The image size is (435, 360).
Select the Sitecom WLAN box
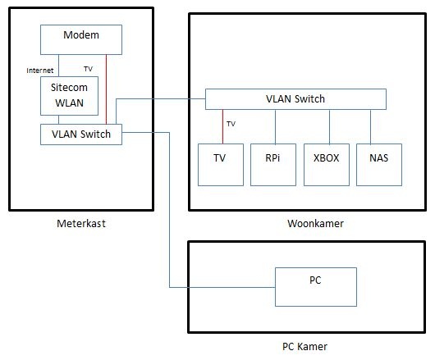70,96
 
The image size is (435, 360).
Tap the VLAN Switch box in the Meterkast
81,134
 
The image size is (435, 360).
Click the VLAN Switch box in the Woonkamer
295,99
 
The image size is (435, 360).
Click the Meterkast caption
81,222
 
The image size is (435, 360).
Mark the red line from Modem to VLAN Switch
106,90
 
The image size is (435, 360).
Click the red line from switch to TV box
222,126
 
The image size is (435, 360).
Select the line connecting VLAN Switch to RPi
275,126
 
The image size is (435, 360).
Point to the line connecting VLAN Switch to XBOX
329,126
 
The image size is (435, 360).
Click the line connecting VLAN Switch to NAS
371,126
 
